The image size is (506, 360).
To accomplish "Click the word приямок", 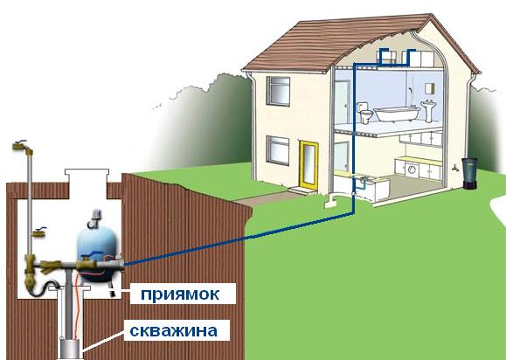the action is pyautogui.click(x=180, y=294).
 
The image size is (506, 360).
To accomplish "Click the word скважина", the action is pyautogui.click(x=174, y=330).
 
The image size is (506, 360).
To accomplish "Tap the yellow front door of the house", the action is pyautogui.click(x=308, y=165).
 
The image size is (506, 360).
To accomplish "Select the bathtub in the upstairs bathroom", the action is pyautogui.click(x=397, y=114).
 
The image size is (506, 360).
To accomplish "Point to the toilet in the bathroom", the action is pyautogui.click(x=364, y=113).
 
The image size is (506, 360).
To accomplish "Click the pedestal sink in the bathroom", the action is pyautogui.click(x=428, y=110).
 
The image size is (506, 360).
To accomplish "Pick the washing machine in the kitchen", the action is pyautogui.click(x=412, y=170).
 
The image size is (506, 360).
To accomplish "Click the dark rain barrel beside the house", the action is pyautogui.click(x=469, y=173).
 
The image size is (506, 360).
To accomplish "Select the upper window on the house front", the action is pyautogui.click(x=278, y=91).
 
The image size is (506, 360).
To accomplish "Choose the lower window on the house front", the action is pyautogui.click(x=278, y=150).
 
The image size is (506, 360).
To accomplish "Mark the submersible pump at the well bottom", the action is pyautogui.click(x=70, y=348).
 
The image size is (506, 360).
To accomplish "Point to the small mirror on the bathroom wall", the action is pyautogui.click(x=430, y=88).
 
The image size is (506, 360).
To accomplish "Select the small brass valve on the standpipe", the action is pyautogui.click(x=38, y=232).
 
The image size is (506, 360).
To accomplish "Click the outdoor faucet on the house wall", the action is pyautogui.click(x=455, y=168).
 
